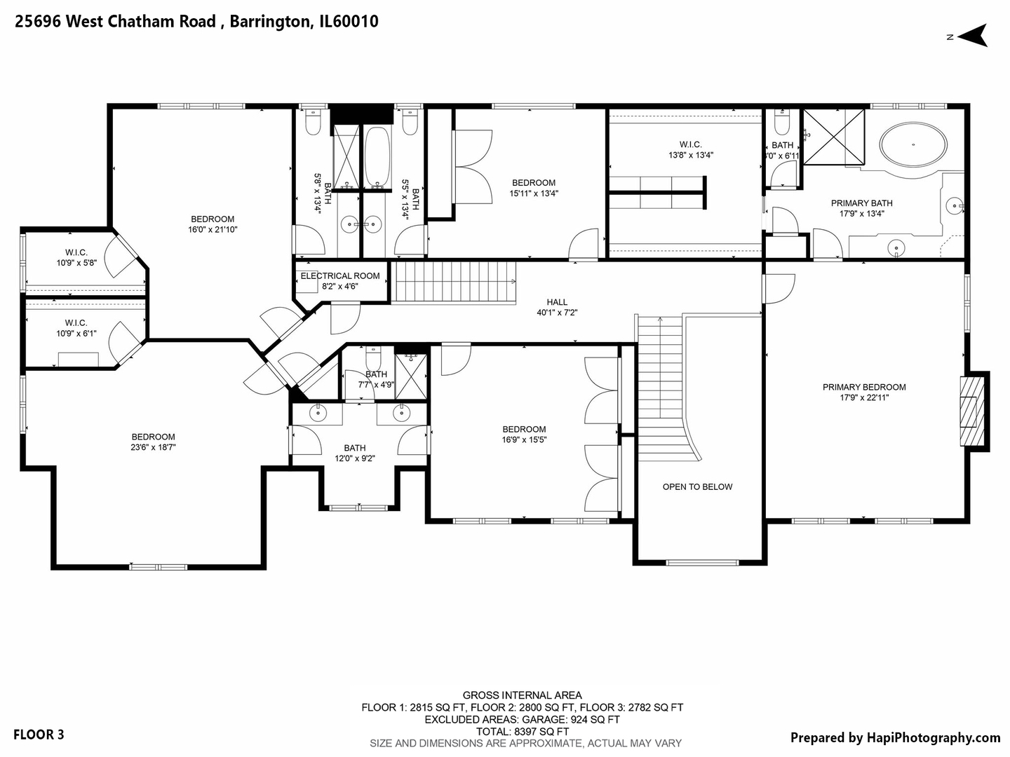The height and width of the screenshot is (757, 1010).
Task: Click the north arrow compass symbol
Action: (x=973, y=35)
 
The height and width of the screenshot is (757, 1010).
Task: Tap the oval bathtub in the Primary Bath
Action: (x=913, y=145)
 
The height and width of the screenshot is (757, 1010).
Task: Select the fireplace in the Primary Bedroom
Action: (x=971, y=411)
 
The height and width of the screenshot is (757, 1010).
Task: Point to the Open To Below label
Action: (x=697, y=486)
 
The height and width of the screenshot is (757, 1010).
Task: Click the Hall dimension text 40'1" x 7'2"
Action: (x=557, y=313)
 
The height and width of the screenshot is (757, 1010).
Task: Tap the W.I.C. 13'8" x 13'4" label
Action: (x=690, y=150)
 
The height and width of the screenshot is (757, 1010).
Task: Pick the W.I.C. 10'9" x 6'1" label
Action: (x=76, y=328)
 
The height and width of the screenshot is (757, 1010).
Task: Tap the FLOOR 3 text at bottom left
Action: (x=39, y=735)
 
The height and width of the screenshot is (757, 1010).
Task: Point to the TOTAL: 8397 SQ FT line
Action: (x=523, y=731)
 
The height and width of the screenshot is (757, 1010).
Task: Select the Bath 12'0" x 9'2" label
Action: (x=355, y=453)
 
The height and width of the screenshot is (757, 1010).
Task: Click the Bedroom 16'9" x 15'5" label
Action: (x=524, y=435)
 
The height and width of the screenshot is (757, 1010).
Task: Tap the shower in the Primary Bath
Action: (x=834, y=137)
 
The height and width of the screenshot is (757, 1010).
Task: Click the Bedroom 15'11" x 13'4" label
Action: (x=534, y=188)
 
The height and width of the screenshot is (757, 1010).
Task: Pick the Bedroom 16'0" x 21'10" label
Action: (x=213, y=224)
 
